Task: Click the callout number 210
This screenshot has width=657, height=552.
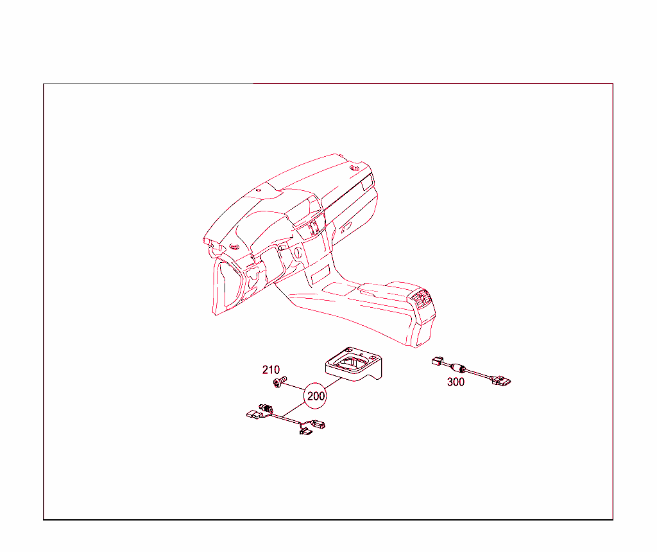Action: coord(271,369)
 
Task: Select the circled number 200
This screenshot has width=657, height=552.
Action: coord(316,396)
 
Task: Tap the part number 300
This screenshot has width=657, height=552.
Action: coord(456,382)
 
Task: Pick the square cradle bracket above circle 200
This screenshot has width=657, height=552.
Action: coord(354,364)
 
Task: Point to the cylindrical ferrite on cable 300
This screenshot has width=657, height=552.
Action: coord(457,368)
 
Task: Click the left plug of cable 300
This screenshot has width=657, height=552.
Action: coord(438,361)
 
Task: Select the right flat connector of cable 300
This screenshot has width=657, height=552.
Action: coord(501,381)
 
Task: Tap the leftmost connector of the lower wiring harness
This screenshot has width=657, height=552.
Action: coord(253,414)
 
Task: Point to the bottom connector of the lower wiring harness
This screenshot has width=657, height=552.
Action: coord(305,430)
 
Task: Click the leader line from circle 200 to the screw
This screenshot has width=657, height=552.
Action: coord(296,387)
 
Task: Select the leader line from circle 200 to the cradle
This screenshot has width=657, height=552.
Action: coord(333,384)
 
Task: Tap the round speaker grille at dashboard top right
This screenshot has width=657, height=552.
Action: coord(354,168)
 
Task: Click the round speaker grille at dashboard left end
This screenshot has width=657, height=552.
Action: coord(234,245)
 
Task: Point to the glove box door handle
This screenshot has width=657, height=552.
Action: coord(345,229)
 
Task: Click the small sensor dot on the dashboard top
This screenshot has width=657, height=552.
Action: coord(259,190)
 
